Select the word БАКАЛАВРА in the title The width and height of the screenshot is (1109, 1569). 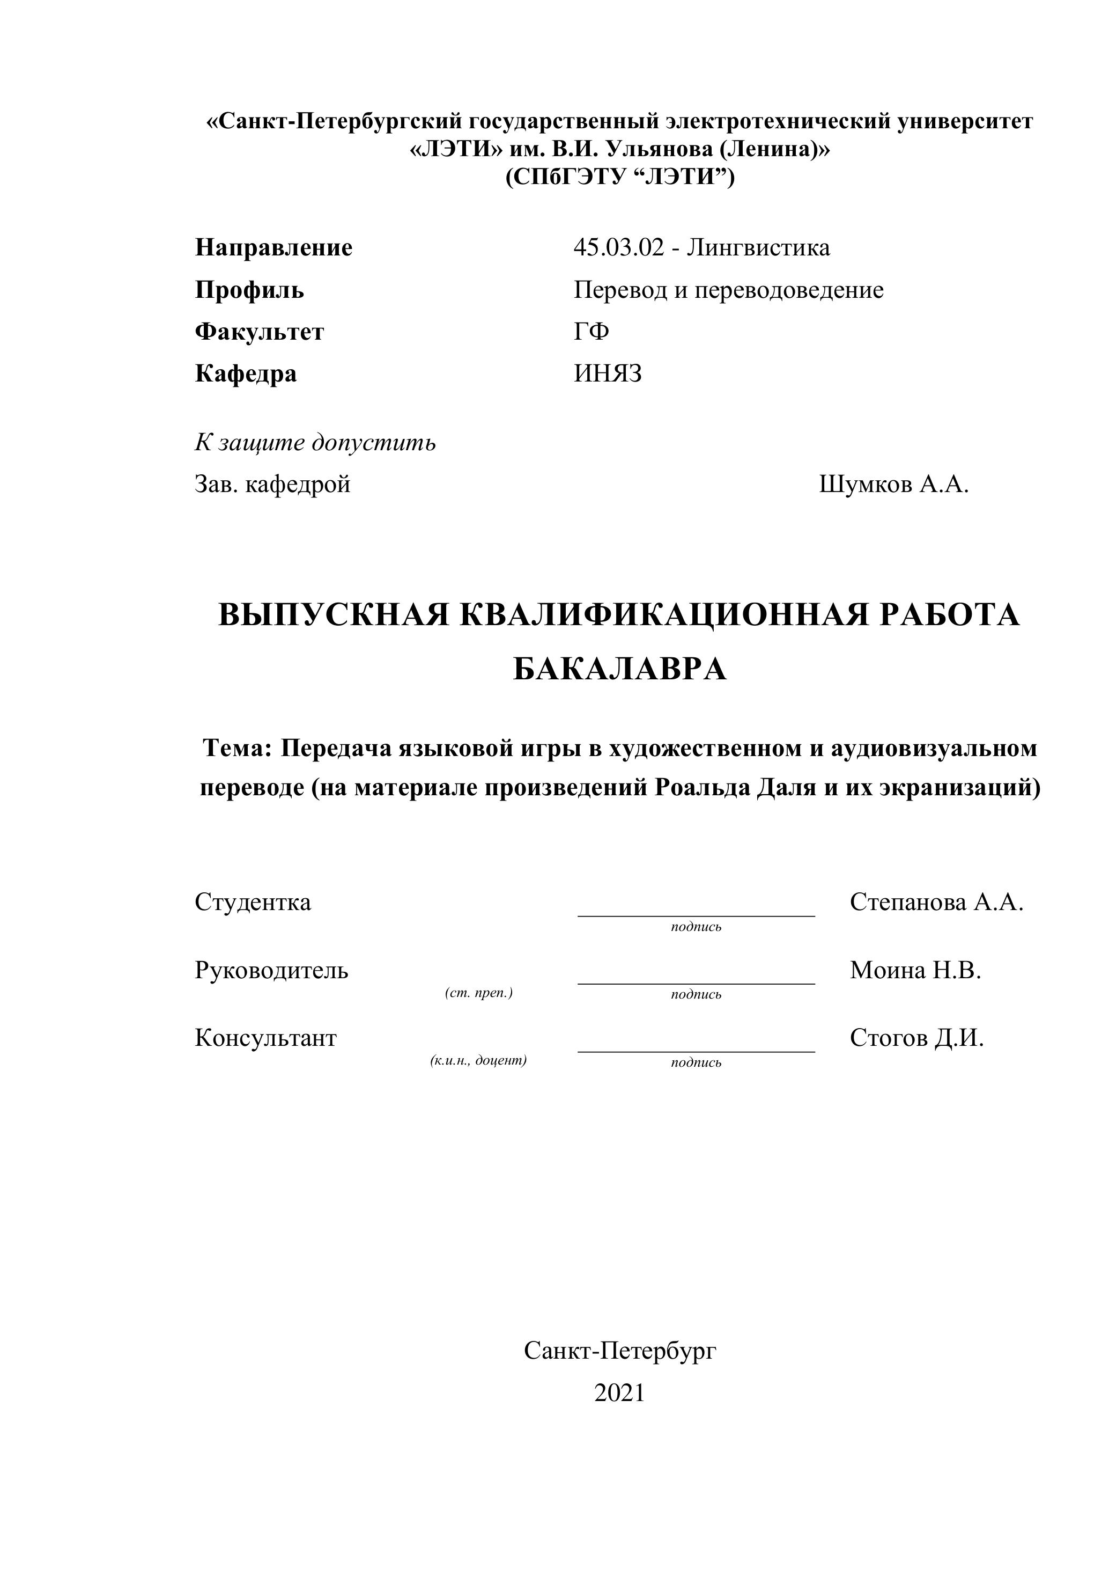[619, 669]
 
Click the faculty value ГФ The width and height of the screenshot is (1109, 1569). [592, 332]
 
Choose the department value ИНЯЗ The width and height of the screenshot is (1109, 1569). [608, 374]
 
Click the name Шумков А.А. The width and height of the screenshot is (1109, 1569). [893, 485]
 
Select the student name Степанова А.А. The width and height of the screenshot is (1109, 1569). [936, 902]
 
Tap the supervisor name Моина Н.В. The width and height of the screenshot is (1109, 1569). [915, 970]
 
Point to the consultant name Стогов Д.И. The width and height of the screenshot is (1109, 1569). [916, 1037]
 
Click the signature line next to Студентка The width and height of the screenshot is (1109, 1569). [696, 914]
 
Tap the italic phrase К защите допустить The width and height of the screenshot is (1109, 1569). [315, 443]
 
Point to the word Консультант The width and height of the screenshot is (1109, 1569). [265, 1037]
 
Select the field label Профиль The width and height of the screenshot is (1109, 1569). [249, 290]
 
